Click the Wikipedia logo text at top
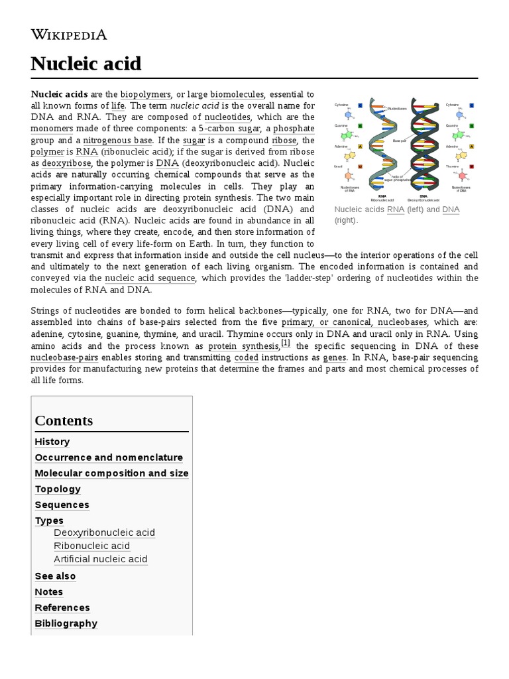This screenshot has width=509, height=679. (69, 34)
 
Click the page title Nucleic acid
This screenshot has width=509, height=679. (86, 64)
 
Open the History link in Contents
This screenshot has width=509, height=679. (52, 442)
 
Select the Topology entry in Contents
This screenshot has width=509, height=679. (58, 489)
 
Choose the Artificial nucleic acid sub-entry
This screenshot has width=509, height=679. (101, 559)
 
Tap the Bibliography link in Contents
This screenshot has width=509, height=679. (66, 623)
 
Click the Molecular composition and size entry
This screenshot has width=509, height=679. (111, 473)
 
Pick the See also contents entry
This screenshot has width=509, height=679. (55, 576)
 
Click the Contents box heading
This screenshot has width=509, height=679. (64, 420)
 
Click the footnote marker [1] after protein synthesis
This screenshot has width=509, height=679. (286, 343)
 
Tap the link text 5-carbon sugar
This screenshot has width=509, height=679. (230, 128)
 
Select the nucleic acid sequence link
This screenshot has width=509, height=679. (150, 278)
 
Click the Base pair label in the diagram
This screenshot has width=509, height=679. (399, 141)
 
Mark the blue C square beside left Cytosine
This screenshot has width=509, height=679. (360, 105)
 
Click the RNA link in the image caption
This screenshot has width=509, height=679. (396, 210)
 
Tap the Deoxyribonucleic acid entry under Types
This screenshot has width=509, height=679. (105, 532)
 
